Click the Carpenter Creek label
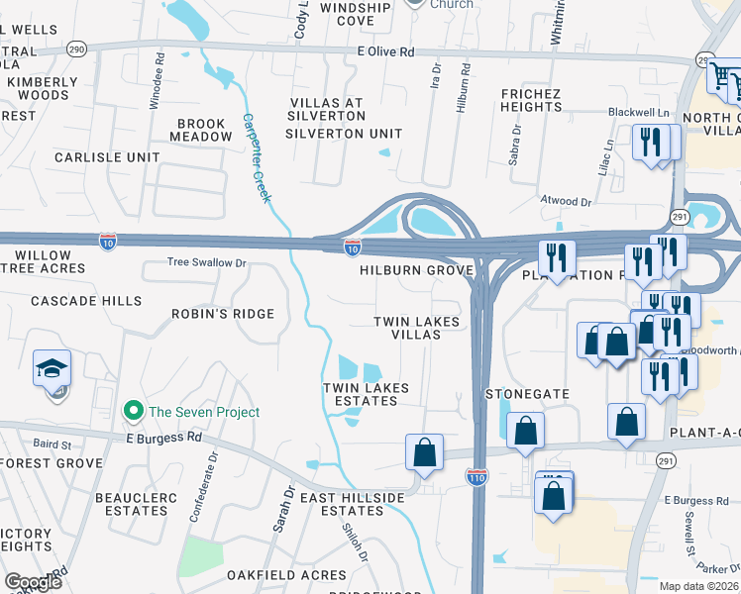(256, 158)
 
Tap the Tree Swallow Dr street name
(206, 263)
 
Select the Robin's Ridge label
(223, 314)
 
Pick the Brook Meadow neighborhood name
(202, 131)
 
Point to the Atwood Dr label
(565, 201)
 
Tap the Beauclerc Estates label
(131, 504)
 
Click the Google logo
(32, 582)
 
